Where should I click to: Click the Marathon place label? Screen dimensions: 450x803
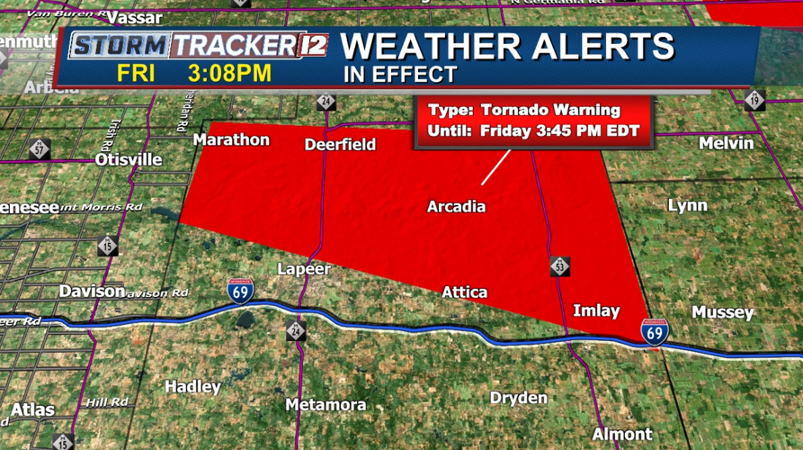pyautogui.click(x=231, y=139)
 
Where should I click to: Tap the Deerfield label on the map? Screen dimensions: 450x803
pyautogui.click(x=340, y=145)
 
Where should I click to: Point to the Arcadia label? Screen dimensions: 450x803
pyautogui.click(x=456, y=207)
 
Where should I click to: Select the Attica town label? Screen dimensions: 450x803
pyautogui.click(x=464, y=292)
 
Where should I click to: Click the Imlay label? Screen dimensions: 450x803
pyautogui.click(x=596, y=311)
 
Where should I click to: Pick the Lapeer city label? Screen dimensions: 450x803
pyautogui.click(x=304, y=269)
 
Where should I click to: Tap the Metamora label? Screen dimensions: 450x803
pyautogui.click(x=326, y=405)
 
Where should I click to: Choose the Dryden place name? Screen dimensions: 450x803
pyautogui.click(x=518, y=398)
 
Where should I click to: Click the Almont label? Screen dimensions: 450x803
pyautogui.click(x=622, y=434)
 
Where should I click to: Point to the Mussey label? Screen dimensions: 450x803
pyautogui.click(x=722, y=312)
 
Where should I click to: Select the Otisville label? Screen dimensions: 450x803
pyautogui.click(x=129, y=159)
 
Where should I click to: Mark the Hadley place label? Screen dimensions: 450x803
pyautogui.click(x=192, y=387)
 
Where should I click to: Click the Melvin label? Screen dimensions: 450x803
pyautogui.click(x=727, y=144)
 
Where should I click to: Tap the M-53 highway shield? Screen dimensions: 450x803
pyautogui.click(x=559, y=265)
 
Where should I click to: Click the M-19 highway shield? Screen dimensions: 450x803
pyautogui.click(x=754, y=100)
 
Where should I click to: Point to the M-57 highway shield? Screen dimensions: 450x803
pyautogui.click(x=39, y=148)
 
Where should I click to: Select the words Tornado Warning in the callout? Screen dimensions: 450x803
pyautogui.click(x=550, y=111)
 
